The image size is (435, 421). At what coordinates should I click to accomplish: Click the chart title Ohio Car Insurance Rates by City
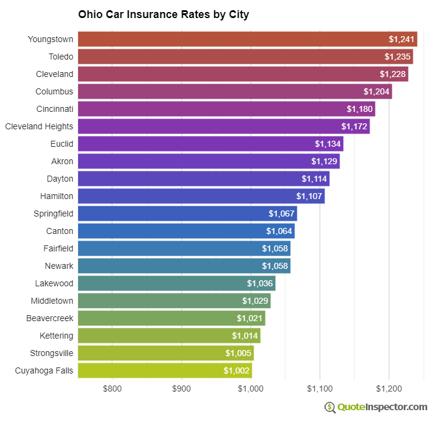coord(163,14)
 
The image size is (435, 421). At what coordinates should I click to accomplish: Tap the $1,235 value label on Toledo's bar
coord(398,57)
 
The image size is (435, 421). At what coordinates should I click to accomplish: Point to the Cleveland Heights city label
coord(39,126)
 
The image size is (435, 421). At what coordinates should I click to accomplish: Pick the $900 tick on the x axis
coord(181,389)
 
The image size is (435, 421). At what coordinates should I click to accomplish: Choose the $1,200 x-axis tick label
coord(389,389)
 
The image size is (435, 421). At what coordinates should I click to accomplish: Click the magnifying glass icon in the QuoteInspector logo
coord(330,407)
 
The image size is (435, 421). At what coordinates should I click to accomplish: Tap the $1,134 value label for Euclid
coord(328,144)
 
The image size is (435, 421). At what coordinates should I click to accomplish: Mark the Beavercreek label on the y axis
coord(50,318)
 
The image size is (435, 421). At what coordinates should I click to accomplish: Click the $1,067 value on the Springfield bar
coord(282,214)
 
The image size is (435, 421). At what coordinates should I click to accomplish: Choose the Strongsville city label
coord(52,353)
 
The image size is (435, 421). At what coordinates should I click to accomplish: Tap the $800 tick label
coord(112,389)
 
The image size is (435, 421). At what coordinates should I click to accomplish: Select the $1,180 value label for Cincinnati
coord(360,109)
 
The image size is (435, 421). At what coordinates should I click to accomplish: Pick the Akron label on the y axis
coord(62,161)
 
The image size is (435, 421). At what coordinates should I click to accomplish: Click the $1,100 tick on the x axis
coord(320,389)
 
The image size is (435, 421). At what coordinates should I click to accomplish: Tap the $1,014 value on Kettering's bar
coord(245,336)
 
